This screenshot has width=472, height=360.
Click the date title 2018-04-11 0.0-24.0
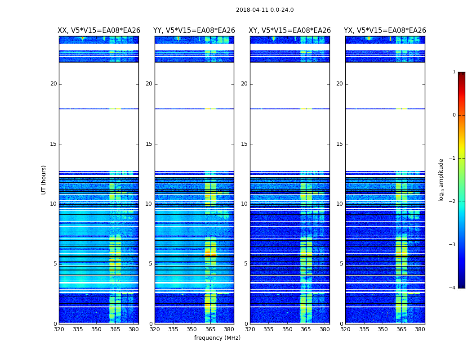(265, 10)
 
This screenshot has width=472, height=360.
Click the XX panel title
(99, 31)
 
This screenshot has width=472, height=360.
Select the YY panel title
(194, 31)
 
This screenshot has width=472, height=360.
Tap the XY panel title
(290, 31)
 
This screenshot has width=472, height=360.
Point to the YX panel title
(385, 31)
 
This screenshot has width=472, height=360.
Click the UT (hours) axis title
(44, 180)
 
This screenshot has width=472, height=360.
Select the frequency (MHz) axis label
(217, 338)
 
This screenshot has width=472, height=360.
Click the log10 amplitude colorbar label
(441, 180)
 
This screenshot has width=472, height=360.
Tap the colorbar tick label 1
(454, 72)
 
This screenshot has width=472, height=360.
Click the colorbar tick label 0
(454, 115)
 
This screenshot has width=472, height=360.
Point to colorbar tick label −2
(453, 202)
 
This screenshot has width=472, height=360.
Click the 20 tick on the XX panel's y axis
(53, 84)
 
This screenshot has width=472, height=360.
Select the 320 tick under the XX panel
(59, 329)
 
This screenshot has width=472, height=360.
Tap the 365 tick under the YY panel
(210, 329)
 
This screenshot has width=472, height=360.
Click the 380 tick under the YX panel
(420, 329)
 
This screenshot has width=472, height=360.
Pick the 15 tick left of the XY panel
(244, 144)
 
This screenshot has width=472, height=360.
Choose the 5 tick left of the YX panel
(341, 264)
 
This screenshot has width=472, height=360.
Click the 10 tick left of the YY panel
(149, 204)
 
